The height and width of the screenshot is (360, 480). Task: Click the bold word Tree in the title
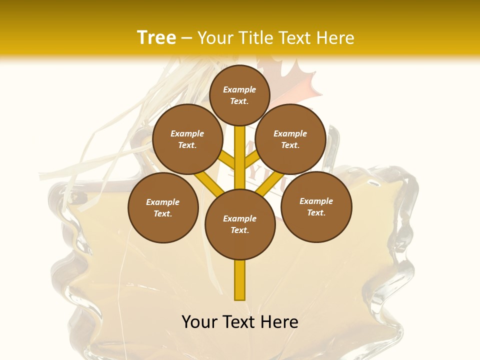coord(156,37)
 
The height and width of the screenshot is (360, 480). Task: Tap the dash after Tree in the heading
coord(186,38)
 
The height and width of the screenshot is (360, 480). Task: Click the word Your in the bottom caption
coord(200,321)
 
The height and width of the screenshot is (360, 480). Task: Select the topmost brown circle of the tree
coord(239,95)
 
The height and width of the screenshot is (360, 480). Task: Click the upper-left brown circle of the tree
coord(187,139)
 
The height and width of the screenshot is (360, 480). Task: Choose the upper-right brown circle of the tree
coord(290,139)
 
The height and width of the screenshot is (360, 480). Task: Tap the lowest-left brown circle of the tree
coord(163,207)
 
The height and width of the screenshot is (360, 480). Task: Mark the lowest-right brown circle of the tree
coord(316,206)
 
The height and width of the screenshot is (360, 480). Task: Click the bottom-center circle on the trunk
coord(240,224)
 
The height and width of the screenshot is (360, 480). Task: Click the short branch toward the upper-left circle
coord(226,160)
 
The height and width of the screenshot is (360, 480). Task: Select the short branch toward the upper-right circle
coord(252,160)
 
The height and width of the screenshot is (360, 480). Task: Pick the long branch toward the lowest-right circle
coord(270,184)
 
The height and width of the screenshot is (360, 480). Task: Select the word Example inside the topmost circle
coord(239,89)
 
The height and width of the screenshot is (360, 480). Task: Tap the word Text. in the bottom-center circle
coord(239,230)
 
